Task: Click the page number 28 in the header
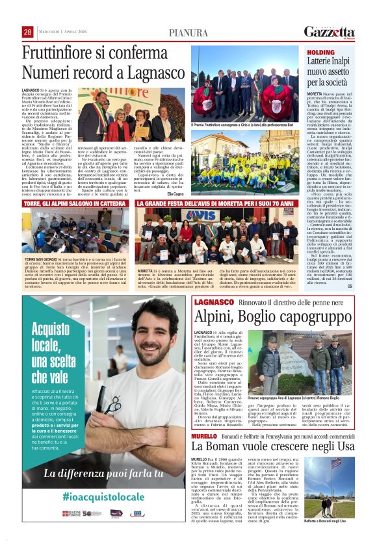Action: coord(27,32)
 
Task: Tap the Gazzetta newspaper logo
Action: coord(330,32)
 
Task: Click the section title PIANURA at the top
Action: coord(188,32)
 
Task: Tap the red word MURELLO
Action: coord(204,435)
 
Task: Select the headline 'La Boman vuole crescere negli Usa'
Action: coord(272,448)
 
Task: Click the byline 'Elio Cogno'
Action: coord(175,193)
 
